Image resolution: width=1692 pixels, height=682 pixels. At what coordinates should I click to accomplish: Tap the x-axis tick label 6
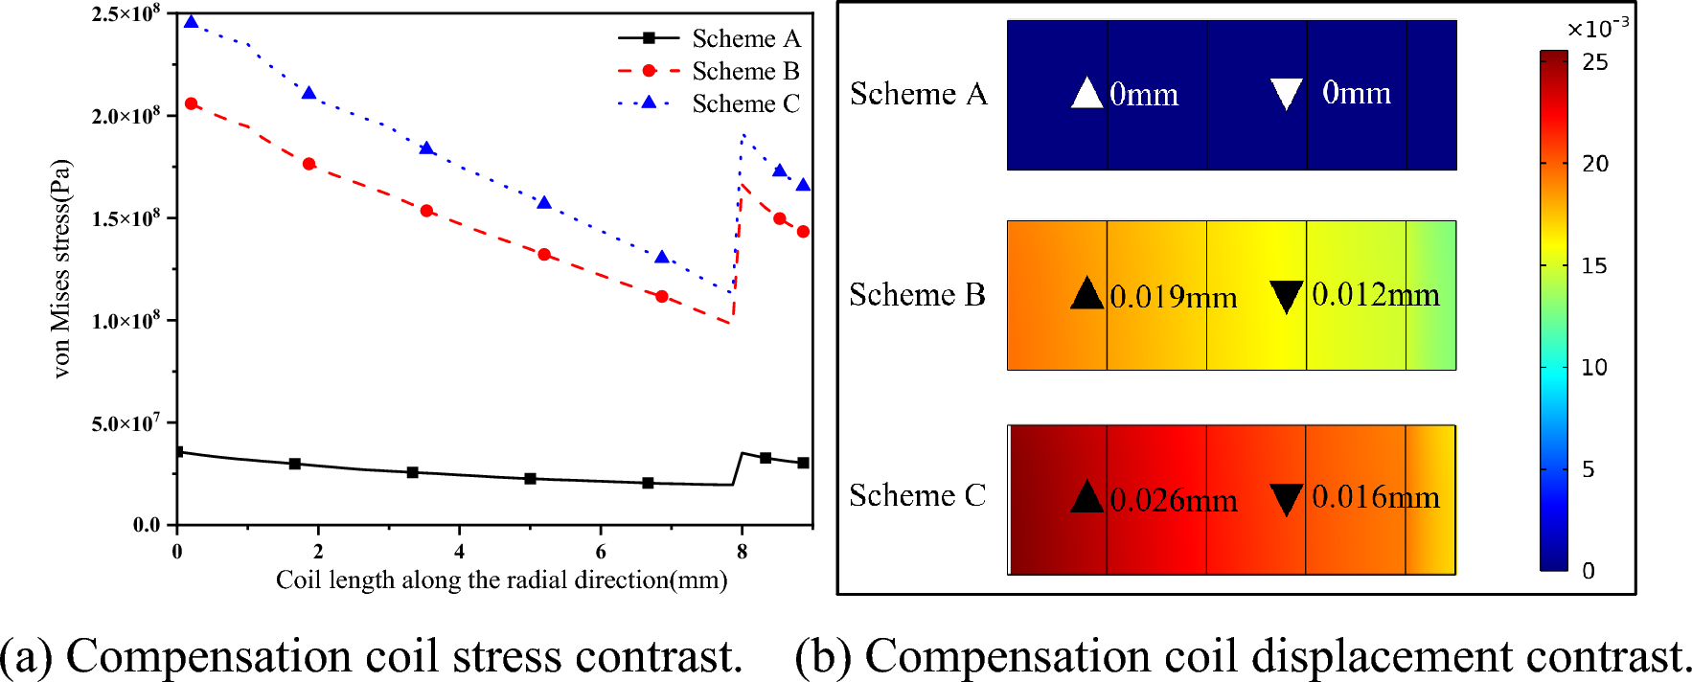(601, 552)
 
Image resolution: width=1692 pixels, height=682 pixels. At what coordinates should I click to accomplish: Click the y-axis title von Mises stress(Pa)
(61, 268)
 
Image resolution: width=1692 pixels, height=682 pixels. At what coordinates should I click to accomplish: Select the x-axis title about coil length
(501, 580)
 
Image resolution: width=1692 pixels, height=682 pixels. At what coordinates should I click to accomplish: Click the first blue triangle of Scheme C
(191, 22)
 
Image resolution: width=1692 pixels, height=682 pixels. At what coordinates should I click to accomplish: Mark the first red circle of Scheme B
(191, 103)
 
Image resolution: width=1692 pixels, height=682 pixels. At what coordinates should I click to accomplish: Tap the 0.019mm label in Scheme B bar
(1173, 297)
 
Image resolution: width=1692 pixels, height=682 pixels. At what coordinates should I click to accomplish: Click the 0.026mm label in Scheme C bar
(1173, 500)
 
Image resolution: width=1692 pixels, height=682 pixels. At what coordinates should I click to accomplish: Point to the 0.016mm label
(1375, 497)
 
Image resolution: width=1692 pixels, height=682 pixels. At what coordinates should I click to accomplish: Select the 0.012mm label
(1375, 295)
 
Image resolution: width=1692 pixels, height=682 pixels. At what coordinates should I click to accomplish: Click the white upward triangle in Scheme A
(1086, 93)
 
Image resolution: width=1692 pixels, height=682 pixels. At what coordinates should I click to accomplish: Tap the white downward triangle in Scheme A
(1286, 94)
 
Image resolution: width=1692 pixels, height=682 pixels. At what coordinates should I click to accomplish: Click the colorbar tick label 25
(1595, 62)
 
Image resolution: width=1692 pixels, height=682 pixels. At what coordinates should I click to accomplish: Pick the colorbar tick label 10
(1594, 368)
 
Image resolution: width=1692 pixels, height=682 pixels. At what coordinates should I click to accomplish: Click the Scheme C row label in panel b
(917, 495)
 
